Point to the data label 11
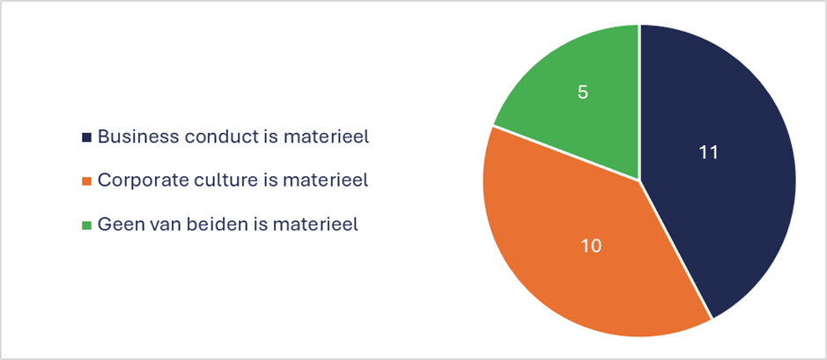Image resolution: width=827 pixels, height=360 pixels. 709,152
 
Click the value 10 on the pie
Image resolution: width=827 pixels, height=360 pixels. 591,246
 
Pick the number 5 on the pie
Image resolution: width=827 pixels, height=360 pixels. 583,92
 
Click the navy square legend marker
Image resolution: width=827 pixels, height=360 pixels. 86,137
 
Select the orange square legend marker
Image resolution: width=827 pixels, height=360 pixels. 86,181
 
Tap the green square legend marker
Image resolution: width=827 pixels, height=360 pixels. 86,225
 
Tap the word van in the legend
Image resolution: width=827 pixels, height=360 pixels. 162,224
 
